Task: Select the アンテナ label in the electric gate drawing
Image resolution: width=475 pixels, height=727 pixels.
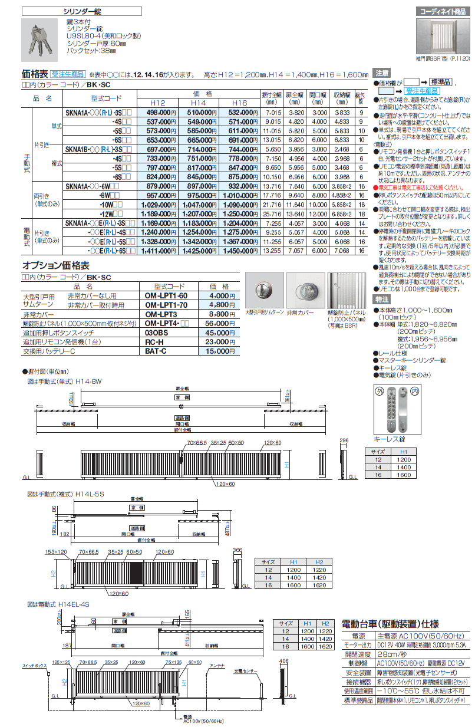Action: [217, 665]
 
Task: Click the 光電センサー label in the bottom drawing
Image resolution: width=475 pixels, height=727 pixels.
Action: [245, 671]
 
